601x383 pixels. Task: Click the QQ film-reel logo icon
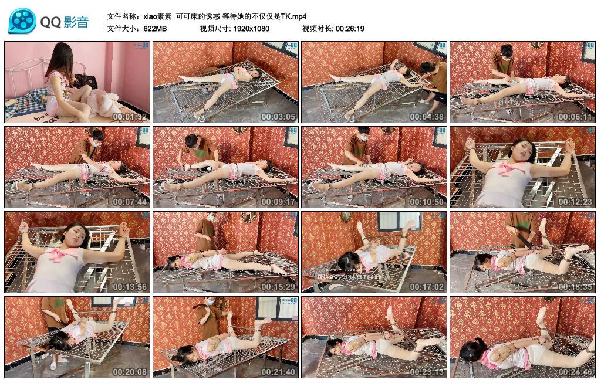pos(22,22)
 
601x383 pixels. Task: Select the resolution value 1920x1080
pos(250,29)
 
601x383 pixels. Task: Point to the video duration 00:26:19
pos(350,29)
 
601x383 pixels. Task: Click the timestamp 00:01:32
pos(130,116)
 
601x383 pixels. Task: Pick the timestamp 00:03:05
pos(279,116)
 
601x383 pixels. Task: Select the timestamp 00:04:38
pos(427,116)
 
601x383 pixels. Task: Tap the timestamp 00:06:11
pos(576,116)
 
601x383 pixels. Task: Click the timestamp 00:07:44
pos(130,202)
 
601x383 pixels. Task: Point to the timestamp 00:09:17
pos(279,202)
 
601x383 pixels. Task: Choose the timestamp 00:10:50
pos(427,202)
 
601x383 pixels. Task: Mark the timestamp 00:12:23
pos(576,202)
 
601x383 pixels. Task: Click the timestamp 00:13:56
pos(130,287)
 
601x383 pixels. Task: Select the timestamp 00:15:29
pos(279,287)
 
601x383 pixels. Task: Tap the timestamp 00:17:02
pos(427,287)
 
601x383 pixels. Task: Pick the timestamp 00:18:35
pos(576,287)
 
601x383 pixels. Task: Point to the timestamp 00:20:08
pos(130,372)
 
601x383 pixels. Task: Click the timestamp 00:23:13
pos(427,372)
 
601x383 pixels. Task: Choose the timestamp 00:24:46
pos(576,372)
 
